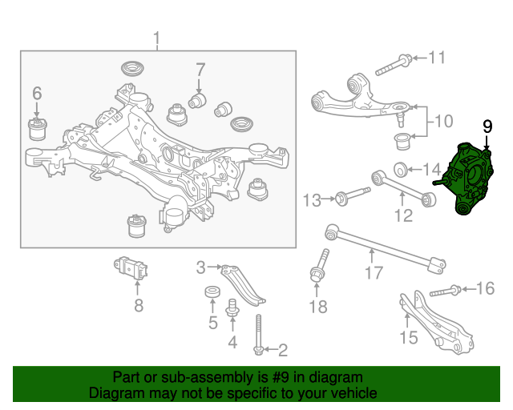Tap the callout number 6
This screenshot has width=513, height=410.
click(x=37, y=93)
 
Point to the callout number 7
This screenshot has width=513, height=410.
click(x=200, y=70)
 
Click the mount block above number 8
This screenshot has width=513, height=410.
click(x=131, y=268)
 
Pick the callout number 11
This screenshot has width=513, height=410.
click(x=437, y=58)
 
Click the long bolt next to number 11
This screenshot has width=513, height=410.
click(x=394, y=66)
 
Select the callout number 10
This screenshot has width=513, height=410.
click(x=443, y=121)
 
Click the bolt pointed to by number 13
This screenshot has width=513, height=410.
click(x=353, y=195)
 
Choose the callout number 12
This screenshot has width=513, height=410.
click(x=404, y=215)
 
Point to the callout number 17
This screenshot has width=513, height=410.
click(x=374, y=273)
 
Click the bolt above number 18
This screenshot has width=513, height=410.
click(x=319, y=266)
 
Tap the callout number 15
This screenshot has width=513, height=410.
click(x=409, y=337)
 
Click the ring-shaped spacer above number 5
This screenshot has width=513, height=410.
click(x=212, y=292)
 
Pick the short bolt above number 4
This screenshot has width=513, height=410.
click(x=232, y=307)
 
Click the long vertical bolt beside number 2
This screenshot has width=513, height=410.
click(x=258, y=335)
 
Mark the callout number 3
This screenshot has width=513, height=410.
click(x=201, y=267)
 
